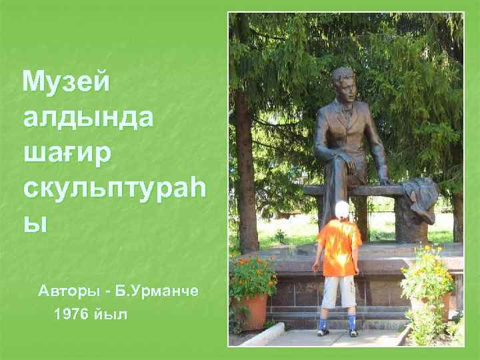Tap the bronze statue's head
[x=343, y=81]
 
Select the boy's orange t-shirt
[x=339, y=247]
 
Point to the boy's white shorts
[x=339, y=291]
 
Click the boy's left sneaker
[x=324, y=328]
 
